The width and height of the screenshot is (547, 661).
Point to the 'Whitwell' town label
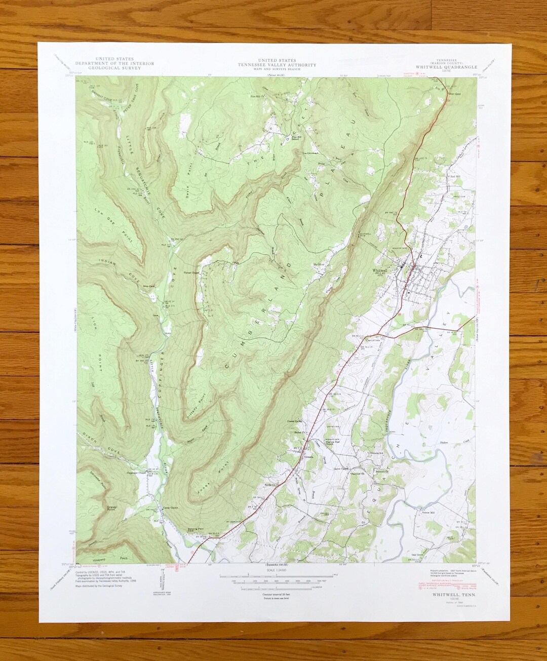(x=380, y=271)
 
